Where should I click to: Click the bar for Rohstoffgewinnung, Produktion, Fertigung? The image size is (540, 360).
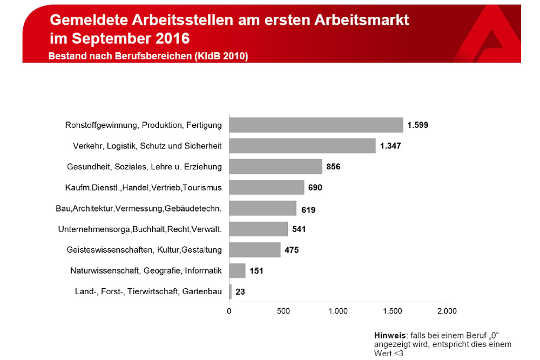(316, 125)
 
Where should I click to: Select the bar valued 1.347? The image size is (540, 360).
(302, 146)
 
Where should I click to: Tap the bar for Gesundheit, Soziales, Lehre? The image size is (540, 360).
(275, 167)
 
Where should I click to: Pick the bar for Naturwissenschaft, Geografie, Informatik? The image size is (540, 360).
(237, 270)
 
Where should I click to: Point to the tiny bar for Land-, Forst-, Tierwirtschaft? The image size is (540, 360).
(231, 291)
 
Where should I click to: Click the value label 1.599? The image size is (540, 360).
(418, 125)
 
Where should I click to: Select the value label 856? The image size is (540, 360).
(333, 167)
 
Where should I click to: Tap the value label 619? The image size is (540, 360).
(308, 209)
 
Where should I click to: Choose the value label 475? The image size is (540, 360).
(292, 250)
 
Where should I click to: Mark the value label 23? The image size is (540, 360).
(240, 292)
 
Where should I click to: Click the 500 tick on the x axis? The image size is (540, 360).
(283, 311)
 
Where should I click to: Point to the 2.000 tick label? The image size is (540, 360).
(446, 311)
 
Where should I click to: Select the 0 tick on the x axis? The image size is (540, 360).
(229, 311)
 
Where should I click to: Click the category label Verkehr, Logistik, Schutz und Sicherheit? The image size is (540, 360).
(147, 146)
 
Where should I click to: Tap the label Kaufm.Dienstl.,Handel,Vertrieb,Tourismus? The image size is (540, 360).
(143, 188)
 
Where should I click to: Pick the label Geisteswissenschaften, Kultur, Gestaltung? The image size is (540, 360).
(144, 250)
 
